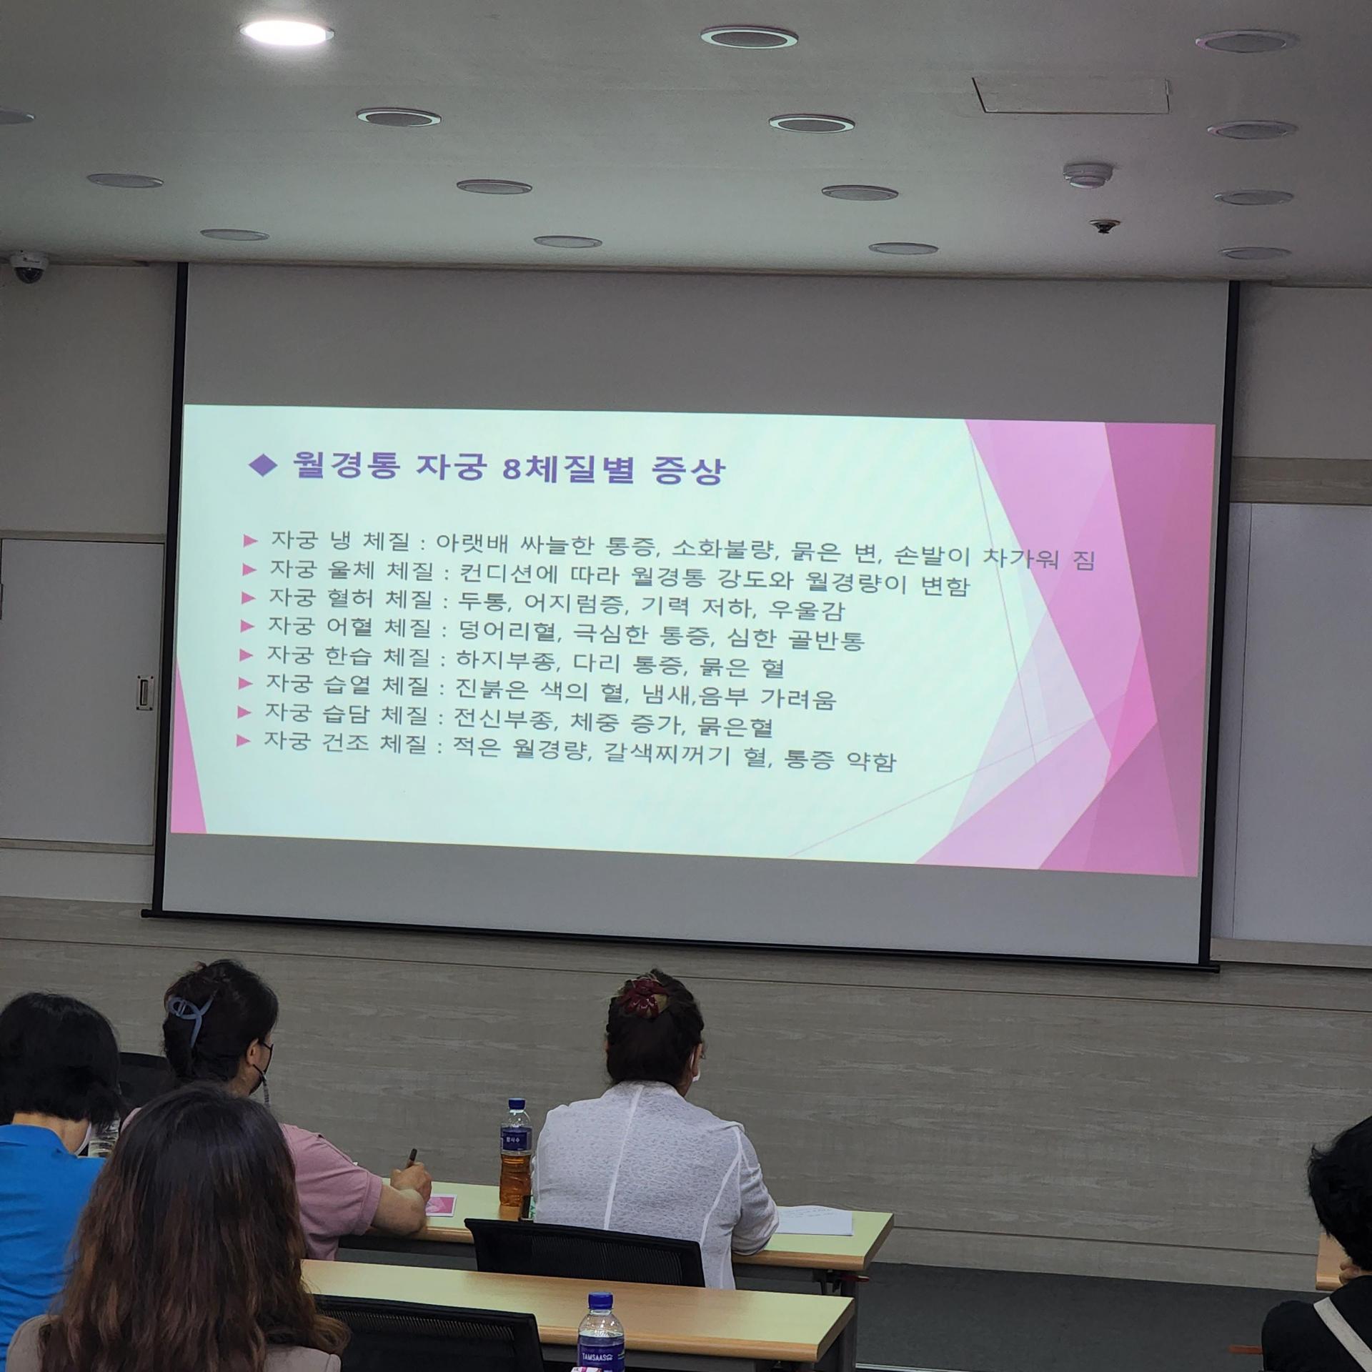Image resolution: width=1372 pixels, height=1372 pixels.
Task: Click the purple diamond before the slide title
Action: tap(262, 466)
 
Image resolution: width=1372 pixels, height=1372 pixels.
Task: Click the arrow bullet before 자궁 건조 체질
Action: tap(244, 741)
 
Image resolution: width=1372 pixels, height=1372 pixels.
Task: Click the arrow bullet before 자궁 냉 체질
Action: tap(250, 540)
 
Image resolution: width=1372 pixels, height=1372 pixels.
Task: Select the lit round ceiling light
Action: tap(287, 31)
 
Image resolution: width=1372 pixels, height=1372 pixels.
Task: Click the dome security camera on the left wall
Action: tap(29, 267)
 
